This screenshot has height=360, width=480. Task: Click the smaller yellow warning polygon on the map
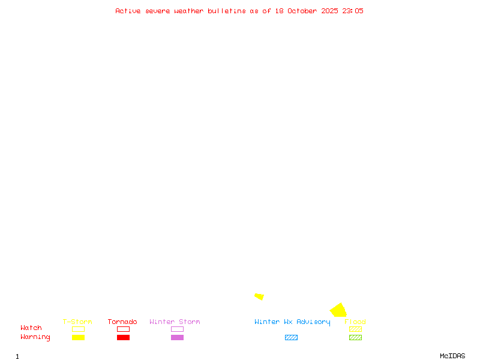tap(259, 296)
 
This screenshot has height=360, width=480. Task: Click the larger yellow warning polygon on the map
tap(338, 311)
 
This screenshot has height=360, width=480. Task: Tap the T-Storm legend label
tap(77, 322)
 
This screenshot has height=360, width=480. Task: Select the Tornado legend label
tap(122, 322)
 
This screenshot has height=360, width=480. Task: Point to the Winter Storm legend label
tap(175, 322)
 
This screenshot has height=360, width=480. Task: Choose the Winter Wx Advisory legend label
tap(292, 322)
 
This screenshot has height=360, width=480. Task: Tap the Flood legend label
tap(355, 322)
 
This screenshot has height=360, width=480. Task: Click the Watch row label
tap(31, 328)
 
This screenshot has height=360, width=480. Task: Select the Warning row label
tap(35, 337)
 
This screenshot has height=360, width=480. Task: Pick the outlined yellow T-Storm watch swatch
tap(78, 329)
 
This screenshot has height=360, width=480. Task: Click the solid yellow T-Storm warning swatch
tap(78, 337)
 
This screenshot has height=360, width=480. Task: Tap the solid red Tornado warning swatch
tap(123, 337)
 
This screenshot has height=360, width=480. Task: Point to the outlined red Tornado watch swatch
tap(123, 329)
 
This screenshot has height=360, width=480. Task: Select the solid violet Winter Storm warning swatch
tap(177, 337)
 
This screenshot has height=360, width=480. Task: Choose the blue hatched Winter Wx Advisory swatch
tap(291, 337)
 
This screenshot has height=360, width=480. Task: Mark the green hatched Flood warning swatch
tap(355, 337)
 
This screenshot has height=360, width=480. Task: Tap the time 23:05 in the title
tap(353, 11)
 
